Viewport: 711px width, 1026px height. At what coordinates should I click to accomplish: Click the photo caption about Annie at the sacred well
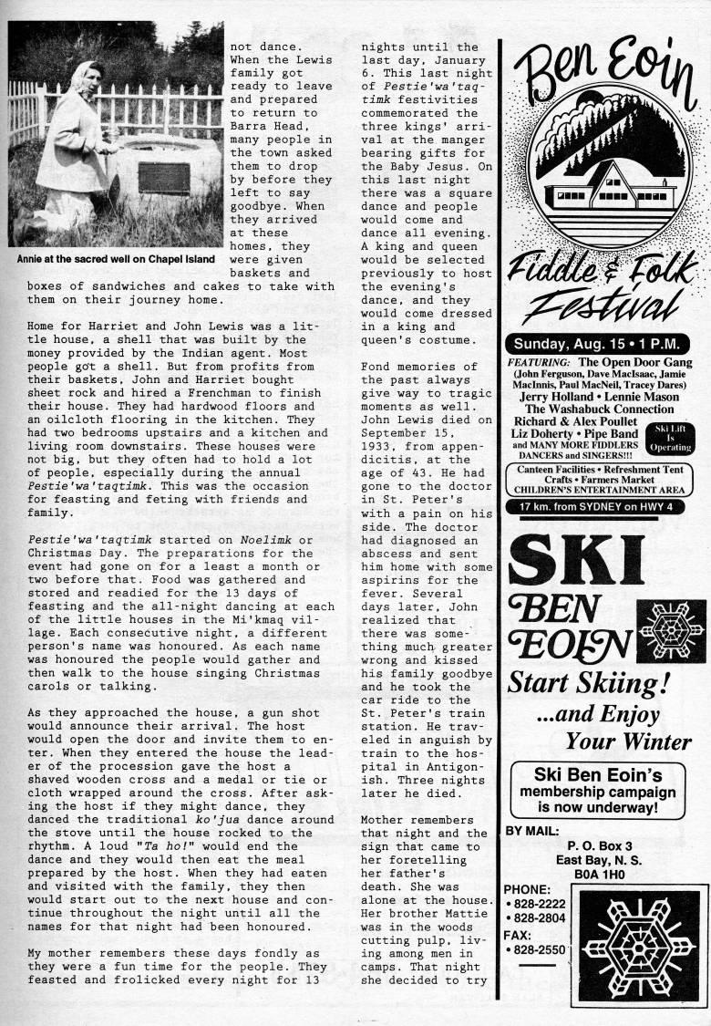pyautogui.click(x=115, y=259)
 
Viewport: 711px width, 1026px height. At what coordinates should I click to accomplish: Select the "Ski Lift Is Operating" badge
pyautogui.click(x=670, y=439)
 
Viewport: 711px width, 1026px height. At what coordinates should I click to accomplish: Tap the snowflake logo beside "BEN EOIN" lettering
pyautogui.click(x=670, y=631)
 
